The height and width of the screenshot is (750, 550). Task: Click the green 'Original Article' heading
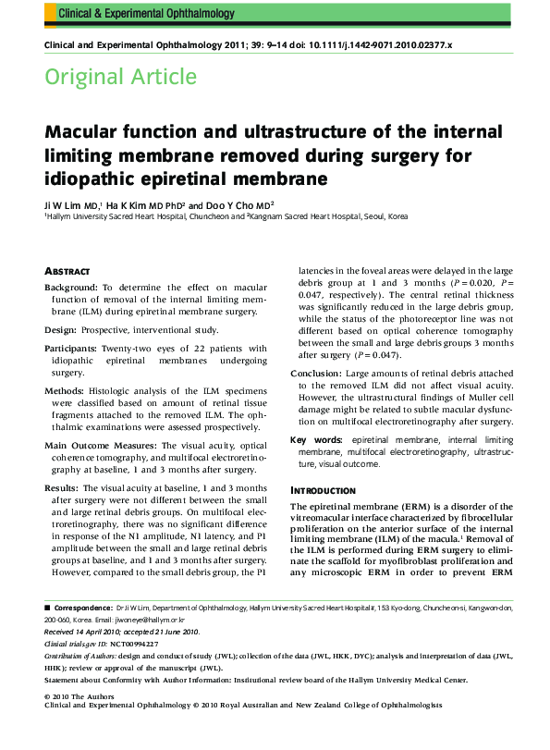click(x=120, y=77)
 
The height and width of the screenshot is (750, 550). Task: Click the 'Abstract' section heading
click(x=67, y=270)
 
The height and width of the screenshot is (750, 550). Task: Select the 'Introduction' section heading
click(x=323, y=489)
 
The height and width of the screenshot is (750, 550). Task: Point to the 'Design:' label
click(x=62, y=328)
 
